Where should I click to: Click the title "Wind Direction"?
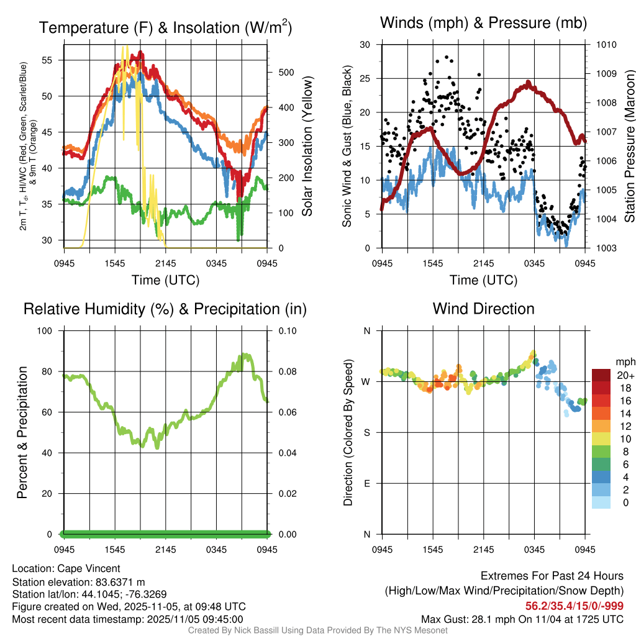click(x=483, y=309)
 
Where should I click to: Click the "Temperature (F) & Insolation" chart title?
click(x=165, y=27)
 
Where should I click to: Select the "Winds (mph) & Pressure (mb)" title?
click(x=483, y=23)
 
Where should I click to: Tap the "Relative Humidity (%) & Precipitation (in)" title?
click(x=165, y=309)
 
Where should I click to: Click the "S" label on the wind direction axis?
click(x=366, y=432)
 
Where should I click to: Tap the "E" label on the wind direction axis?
click(x=366, y=483)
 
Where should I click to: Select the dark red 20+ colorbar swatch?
click(x=601, y=375)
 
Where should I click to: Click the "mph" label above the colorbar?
click(x=624, y=361)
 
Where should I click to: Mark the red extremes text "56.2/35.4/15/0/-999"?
click(x=575, y=606)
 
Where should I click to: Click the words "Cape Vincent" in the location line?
click(x=89, y=568)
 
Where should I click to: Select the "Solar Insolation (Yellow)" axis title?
click(x=306, y=147)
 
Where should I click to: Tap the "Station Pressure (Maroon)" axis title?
click(x=629, y=147)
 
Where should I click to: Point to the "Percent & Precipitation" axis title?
click(x=22, y=432)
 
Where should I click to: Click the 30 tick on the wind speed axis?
click(x=365, y=45)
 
